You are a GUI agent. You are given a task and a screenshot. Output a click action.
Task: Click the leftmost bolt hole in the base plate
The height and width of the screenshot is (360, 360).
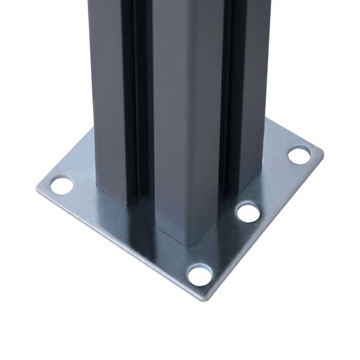pos(59,185)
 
